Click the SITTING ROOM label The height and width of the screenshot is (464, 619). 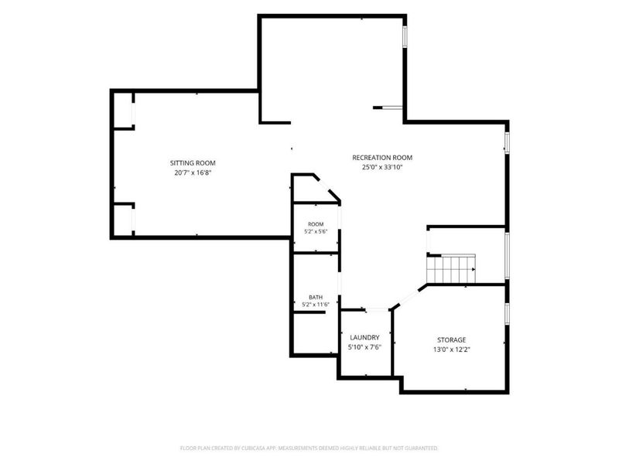193,163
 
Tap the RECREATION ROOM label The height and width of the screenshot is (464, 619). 382,158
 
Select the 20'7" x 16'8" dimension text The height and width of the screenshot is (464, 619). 193,172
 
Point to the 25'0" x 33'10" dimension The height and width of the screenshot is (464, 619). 382,167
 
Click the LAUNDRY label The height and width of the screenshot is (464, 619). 364,338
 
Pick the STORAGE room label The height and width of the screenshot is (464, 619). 452,340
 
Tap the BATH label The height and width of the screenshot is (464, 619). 316,298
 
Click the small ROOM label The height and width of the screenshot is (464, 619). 316,224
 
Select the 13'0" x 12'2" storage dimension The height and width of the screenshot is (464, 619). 452,350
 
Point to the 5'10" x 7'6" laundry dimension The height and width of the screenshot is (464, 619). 364,347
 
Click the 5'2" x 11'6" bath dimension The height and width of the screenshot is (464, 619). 316,305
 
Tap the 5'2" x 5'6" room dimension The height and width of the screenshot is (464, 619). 316,231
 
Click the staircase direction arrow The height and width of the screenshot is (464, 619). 474,269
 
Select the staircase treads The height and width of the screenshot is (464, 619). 451,269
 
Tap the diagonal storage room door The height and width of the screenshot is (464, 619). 409,297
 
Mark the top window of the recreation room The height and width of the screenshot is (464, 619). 405,36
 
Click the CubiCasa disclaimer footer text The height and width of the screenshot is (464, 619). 309,449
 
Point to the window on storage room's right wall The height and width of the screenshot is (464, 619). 508,314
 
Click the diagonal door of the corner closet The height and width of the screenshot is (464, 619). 327,188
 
